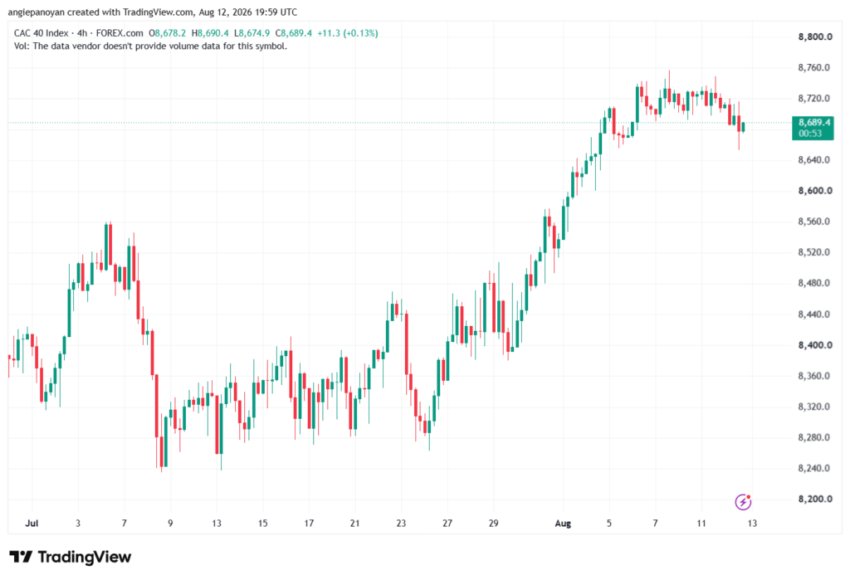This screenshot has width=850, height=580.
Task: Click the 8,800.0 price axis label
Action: point(815,37)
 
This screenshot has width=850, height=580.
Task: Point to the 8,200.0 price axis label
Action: point(815,499)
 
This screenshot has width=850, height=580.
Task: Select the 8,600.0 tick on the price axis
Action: point(815,191)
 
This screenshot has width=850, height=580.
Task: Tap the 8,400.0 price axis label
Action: point(815,344)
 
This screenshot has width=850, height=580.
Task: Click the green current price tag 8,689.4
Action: point(813,128)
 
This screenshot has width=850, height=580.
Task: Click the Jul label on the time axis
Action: point(32,524)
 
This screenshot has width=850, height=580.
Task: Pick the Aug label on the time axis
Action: point(563,524)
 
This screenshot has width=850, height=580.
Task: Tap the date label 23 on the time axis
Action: point(401,524)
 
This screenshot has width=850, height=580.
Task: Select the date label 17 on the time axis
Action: point(309,524)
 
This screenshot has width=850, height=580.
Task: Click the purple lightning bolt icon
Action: point(743,502)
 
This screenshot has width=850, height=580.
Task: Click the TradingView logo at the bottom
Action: point(70,557)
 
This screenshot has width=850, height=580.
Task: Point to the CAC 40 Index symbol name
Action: point(42,33)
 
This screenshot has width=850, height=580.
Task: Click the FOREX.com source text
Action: point(120,33)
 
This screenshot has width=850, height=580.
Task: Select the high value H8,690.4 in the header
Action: point(210,33)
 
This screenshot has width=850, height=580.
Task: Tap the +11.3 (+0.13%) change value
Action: point(348,33)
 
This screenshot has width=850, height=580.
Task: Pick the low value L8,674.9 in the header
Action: point(252,33)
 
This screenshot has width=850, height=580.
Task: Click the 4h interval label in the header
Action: point(82,33)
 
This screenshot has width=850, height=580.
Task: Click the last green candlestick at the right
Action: point(743,128)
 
